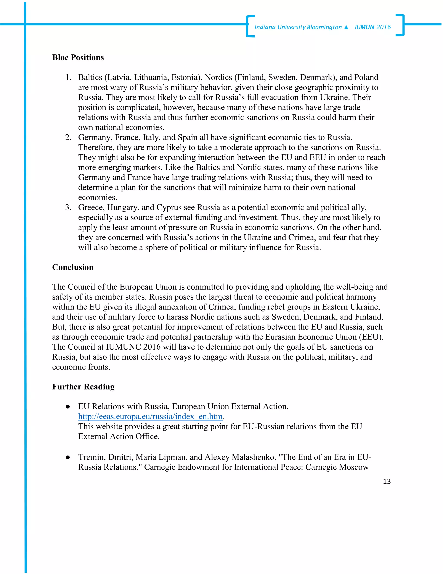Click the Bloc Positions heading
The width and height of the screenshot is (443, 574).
click(78, 58)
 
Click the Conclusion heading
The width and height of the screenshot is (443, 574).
click(73, 267)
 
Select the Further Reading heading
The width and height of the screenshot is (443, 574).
click(83, 387)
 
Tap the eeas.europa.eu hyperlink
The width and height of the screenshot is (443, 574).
click(150, 417)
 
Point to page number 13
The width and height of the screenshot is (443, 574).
click(387, 482)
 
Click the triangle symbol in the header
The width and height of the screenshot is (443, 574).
click(346, 27)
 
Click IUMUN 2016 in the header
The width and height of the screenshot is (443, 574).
click(373, 27)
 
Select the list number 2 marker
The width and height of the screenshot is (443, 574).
click(68, 138)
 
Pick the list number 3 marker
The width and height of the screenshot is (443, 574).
click(68, 208)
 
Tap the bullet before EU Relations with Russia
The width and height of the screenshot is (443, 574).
click(68, 407)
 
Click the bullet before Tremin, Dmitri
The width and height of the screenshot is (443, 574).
click(68, 457)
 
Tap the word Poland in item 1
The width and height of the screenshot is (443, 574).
click(366, 78)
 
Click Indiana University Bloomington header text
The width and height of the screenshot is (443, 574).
click(298, 27)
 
